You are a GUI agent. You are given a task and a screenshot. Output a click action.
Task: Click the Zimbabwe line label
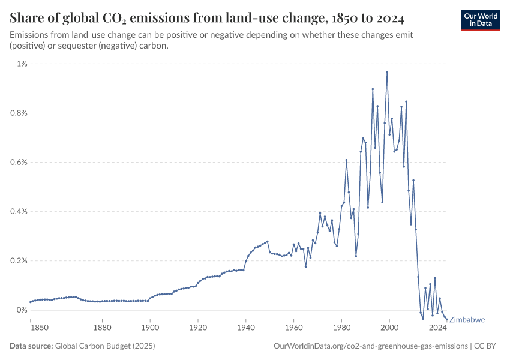click(467, 320)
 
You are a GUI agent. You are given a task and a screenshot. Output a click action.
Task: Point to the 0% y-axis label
click(22, 310)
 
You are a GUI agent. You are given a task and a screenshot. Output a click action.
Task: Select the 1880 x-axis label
click(103, 328)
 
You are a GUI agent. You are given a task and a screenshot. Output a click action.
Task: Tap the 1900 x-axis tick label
click(150, 328)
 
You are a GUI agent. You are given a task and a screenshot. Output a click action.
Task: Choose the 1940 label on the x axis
click(246, 328)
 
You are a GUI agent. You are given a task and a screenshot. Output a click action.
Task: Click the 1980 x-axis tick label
click(341, 328)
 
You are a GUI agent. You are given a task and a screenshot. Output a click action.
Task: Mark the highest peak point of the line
click(387, 72)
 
